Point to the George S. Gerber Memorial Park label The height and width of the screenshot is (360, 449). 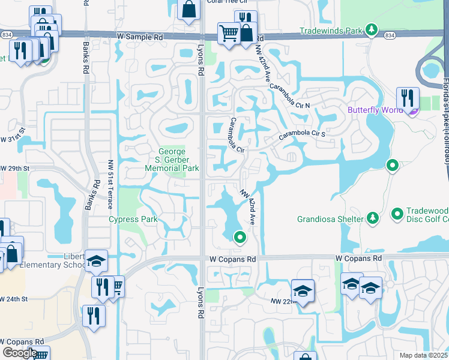tap(171, 160)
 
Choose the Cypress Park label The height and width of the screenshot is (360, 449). tap(133, 219)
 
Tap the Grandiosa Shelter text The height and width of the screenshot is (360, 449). tap(330, 219)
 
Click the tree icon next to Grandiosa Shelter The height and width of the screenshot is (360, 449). tap(372, 218)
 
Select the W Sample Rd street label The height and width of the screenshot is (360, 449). tap(140, 37)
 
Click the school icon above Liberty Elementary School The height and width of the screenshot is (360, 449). tap(96, 260)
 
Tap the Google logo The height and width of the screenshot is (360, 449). tap(20, 353)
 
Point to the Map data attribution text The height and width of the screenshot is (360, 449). tap(424, 355)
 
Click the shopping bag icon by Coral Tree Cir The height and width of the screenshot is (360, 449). tap(188, 10)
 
